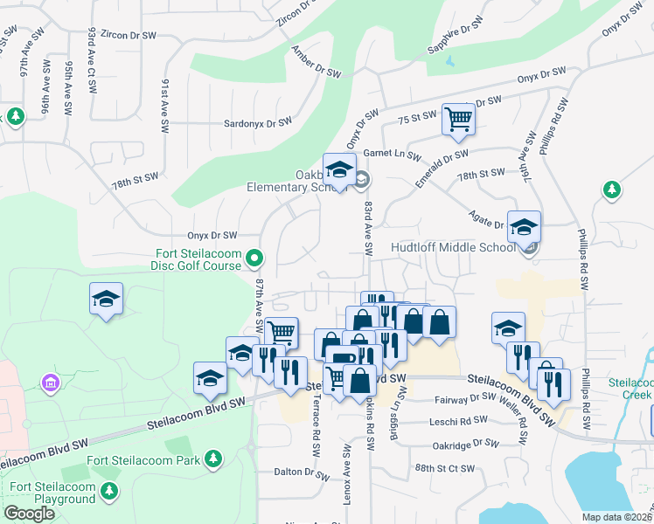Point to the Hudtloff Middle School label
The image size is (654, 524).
(460, 248)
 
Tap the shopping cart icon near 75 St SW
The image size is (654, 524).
(458, 118)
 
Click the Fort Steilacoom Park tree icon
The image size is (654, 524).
(212, 459)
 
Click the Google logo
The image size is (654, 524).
(29, 514)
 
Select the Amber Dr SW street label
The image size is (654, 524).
(317, 61)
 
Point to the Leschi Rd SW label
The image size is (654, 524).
(458, 420)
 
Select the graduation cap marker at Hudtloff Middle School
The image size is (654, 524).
(524, 227)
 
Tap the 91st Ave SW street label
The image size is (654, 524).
(164, 105)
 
